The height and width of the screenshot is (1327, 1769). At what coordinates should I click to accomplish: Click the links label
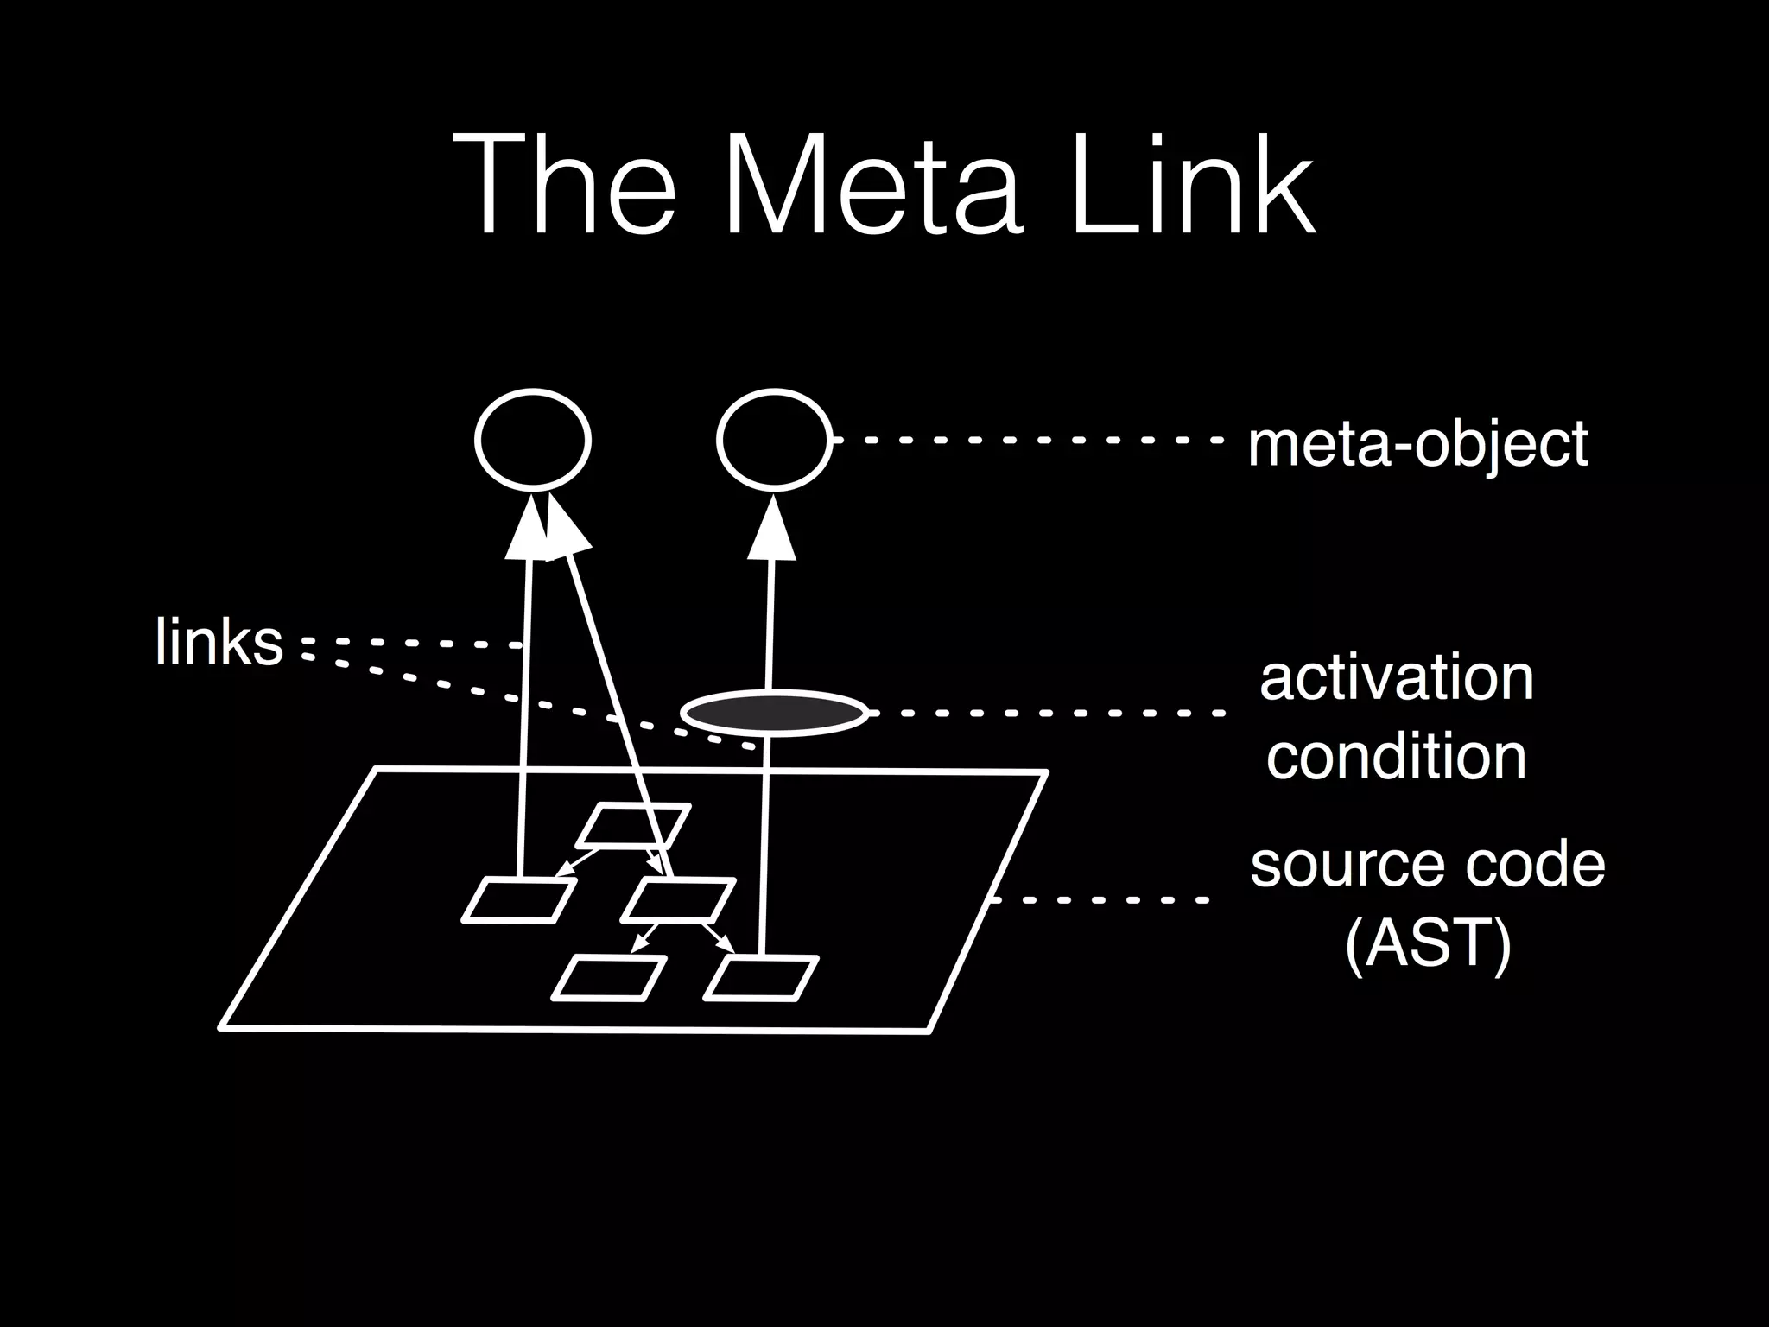point(219,642)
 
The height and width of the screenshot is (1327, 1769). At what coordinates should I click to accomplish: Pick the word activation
point(1397,678)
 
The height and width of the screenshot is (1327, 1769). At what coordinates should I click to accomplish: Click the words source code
point(1428,865)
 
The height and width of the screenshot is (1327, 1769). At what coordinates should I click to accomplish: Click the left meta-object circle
point(533,440)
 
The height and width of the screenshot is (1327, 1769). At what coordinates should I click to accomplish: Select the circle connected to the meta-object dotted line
point(774,440)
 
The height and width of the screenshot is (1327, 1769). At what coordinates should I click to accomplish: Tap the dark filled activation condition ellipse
point(774,714)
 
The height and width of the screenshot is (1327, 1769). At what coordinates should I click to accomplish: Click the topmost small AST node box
point(633,826)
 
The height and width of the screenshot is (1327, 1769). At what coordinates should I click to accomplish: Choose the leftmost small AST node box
point(519,901)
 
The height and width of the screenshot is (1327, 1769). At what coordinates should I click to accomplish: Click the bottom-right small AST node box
point(761,979)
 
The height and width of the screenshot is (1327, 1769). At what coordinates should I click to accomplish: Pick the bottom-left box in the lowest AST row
point(609,979)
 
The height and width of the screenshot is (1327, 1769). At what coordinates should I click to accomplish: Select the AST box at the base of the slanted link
point(679,901)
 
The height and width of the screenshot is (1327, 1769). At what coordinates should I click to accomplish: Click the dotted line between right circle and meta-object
point(1028,440)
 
